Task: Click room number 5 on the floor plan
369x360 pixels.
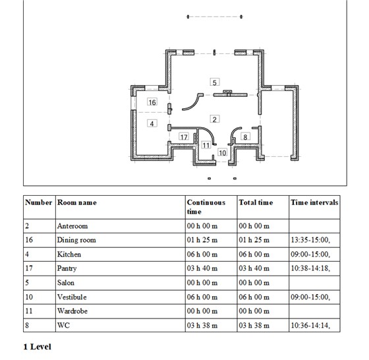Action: pos(215,82)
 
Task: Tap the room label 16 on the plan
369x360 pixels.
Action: pos(152,102)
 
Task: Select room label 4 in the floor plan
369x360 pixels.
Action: pos(152,123)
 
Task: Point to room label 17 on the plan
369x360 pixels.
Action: pos(184,136)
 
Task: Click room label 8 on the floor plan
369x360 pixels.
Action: pos(245,136)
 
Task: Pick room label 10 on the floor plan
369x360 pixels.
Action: pos(223,153)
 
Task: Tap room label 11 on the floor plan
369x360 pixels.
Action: pos(206,145)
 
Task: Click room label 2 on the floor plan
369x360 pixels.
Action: pos(215,119)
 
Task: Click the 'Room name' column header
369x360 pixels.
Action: pos(77,202)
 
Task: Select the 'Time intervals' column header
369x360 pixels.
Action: pos(314,202)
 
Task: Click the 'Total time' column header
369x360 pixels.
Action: pos(256,202)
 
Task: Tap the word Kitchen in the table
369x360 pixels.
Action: pos(69,255)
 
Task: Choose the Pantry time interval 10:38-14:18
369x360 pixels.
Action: pos(310,268)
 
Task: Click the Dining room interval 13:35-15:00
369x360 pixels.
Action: pos(310,240)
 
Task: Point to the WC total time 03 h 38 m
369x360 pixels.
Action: pos(254,326)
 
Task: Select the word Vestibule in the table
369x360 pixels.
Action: pos(72,297)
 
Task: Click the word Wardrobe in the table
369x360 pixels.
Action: pos(72,311)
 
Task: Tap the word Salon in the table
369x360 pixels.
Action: pos(66,283)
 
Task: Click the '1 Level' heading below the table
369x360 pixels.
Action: pos(37,347)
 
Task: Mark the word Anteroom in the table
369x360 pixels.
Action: pos(72,226)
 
